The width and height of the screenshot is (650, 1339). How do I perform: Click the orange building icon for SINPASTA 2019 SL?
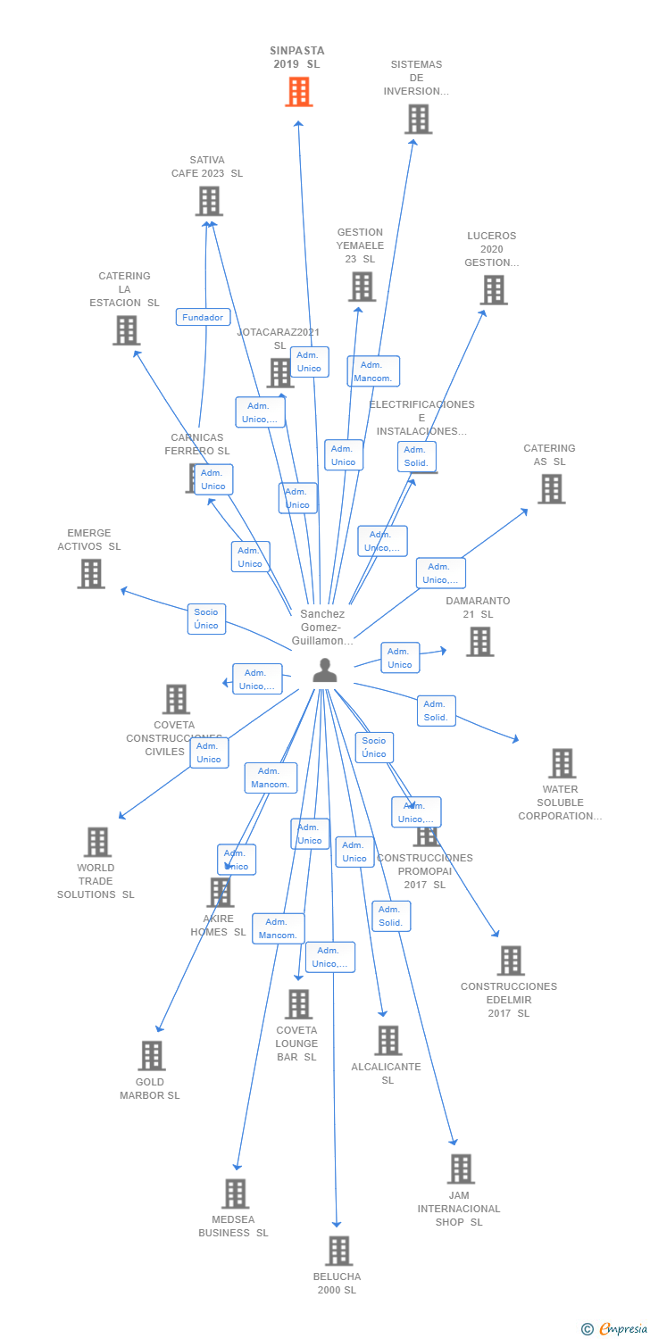(299, 91)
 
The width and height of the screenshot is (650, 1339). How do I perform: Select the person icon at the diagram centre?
(325, 670)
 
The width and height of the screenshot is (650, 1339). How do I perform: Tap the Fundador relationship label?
(203, 317)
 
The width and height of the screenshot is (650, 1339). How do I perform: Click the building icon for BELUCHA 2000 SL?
(338, 1251)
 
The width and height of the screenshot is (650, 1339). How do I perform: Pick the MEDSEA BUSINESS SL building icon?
(235, 1193)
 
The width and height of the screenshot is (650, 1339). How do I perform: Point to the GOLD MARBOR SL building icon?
(151, 1056)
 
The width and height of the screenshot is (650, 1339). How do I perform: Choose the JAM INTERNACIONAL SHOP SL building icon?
(461, 1169)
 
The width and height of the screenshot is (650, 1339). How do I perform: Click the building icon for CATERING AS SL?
(551, 488)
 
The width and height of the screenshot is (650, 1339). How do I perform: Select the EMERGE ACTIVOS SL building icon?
(90, 573)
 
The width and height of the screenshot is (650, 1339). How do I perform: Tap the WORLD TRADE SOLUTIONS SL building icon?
(96, 841)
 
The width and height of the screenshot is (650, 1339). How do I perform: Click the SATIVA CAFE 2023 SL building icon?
(208, 201)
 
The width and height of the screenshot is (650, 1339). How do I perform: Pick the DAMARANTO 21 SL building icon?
(479, 641)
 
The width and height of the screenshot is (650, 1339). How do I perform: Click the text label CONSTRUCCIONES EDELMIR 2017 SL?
(508, 1000)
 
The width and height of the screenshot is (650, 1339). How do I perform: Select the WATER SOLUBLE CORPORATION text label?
(560, 803)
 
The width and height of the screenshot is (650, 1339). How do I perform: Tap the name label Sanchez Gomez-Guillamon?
(322, 628)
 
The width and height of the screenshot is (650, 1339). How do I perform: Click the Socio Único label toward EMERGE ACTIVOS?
(206, 619)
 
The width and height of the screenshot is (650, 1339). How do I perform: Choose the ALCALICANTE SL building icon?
(387, 1040)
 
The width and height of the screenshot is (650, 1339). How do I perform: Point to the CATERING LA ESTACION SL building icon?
(126, 330)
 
